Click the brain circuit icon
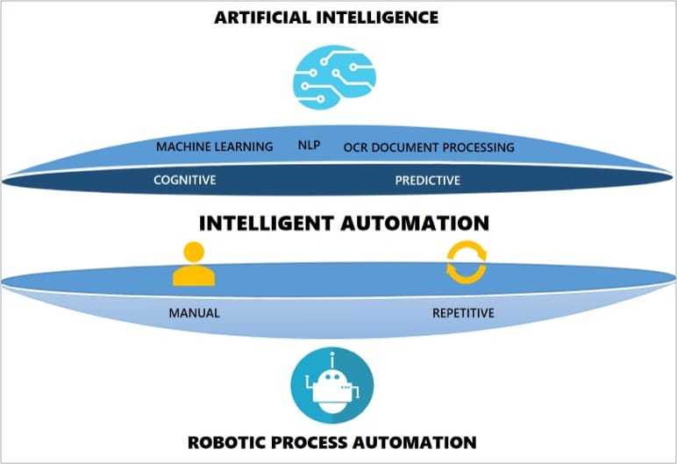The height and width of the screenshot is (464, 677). (334, 77)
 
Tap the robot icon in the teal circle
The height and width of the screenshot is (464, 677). (332, 385)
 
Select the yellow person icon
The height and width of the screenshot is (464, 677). (194, 264)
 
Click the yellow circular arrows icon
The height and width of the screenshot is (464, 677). (467, 262)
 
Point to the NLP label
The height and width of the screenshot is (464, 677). (310, 145)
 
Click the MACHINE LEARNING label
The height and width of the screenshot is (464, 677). (215, 146)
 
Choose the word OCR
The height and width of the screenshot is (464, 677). (355, 147)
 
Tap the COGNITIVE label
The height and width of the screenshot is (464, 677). (185, 180)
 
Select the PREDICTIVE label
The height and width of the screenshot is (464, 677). (427, 180)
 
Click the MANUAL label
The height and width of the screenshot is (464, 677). (195, 313)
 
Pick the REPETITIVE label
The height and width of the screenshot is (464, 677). (463, 313)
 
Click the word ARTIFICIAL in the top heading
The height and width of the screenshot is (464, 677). (262, 18)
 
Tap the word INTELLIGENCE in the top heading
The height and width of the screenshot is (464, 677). (377, 18)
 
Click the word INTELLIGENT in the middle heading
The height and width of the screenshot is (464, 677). (267, 224)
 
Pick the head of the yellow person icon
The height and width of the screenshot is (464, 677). (194, 252)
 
